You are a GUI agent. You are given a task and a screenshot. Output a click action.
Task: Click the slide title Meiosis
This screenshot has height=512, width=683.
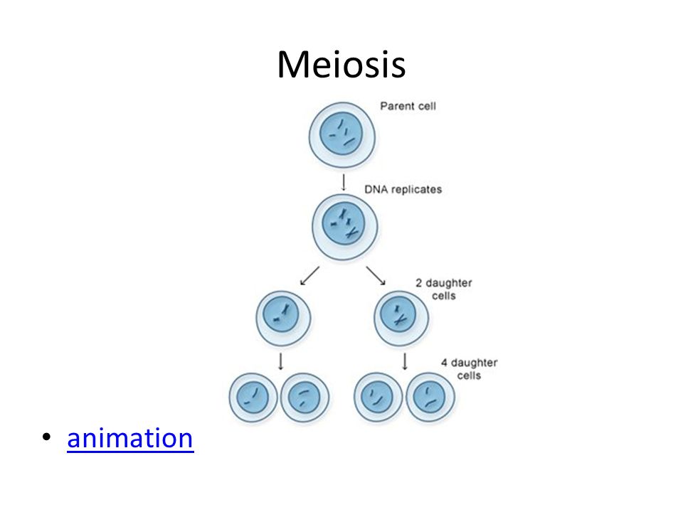coord(341,65)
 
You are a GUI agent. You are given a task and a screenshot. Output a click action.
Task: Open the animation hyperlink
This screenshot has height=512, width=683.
coord(130,438)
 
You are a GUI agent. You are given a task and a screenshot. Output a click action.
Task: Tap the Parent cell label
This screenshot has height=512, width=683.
coord(408,106)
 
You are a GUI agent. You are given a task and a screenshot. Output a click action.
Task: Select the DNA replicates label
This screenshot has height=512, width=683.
coord(403,189)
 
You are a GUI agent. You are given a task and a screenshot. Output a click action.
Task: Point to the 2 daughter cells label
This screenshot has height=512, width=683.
coord(444,289)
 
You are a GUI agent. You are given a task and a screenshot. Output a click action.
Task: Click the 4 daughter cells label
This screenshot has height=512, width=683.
coord(469,369)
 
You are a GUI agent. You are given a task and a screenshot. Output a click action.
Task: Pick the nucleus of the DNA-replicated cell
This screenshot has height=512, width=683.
coord(343,225)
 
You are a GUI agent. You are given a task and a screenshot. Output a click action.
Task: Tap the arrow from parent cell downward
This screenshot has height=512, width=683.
coord(344,183)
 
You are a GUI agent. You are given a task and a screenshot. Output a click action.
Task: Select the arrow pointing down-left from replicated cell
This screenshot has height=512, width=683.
coord(309,276)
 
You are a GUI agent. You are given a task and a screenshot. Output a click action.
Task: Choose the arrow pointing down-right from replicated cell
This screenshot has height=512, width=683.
coord(376,276)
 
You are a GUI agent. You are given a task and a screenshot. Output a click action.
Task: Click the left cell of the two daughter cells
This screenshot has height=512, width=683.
coord(283,319)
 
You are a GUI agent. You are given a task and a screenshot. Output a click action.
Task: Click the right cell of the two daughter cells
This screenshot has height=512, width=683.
coord(401,319)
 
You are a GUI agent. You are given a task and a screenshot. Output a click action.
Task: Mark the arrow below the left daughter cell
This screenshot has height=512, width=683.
coord(281,361)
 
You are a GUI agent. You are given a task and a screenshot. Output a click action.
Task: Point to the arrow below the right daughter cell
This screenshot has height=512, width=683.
coord(405,361)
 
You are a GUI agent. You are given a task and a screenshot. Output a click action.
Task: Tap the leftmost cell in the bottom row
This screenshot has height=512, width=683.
coord(253,397)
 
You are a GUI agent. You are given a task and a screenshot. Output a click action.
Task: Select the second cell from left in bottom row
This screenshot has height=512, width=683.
coord(305,397)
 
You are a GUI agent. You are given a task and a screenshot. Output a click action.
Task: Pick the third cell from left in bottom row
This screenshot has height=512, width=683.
coord(378,397)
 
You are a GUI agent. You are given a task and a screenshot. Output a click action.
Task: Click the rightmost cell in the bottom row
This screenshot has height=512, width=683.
coord(430,397)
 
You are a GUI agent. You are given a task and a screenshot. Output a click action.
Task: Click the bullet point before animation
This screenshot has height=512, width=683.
coord(47,437)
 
